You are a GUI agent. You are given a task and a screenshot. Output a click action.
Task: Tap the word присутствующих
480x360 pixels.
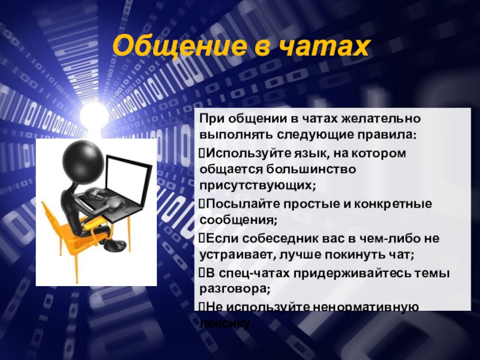coord(259,185)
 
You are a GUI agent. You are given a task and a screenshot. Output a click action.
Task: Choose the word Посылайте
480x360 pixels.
coord(236,204)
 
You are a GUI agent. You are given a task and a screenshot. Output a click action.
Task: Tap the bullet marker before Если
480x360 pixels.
coord(202,239)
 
